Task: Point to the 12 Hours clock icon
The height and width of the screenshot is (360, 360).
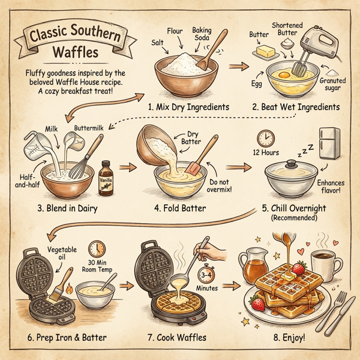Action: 265,138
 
